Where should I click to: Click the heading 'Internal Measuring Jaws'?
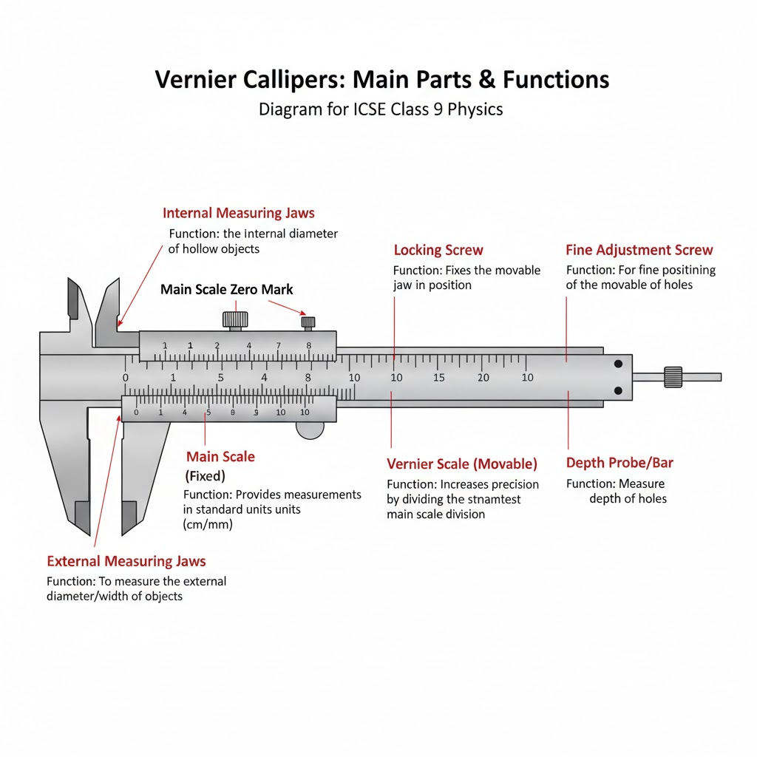[238, 214]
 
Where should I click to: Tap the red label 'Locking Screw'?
[438, 250]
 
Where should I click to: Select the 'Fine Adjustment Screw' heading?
[639, 250]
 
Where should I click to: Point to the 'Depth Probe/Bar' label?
[619, 464]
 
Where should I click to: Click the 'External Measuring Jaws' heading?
[126, 562]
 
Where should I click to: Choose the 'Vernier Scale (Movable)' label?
[462, 464]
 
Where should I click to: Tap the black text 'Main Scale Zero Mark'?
[227, 290]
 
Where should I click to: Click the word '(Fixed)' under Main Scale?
[204, 476]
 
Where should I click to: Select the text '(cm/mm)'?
[208, 524]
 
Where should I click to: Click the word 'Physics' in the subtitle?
[476, 109]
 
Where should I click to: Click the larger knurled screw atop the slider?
[235, 319]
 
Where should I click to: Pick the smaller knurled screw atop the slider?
[308, 322]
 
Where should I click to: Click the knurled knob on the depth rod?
[673, 376]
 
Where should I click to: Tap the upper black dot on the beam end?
[618, 364]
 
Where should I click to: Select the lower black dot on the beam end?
[618, 390]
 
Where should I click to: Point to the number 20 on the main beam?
[483, 378]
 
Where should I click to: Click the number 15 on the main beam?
[439, 378]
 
